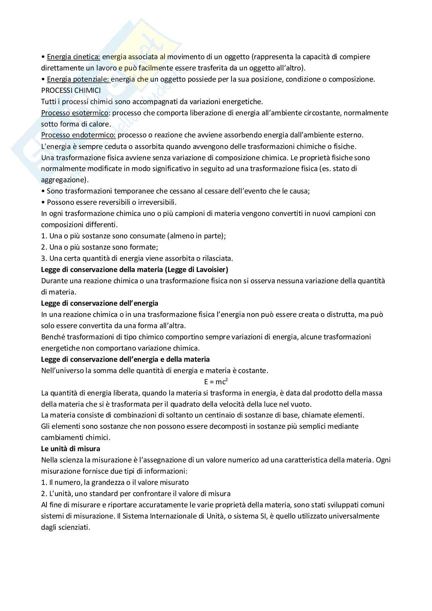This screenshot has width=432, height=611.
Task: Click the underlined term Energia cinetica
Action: click(x=73, y=57)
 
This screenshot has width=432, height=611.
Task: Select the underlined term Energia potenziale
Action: click(x=78, y=79)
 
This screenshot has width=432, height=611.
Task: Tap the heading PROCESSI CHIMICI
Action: click(x=71, y=91)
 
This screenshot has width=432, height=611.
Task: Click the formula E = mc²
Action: click(x=216, y=382)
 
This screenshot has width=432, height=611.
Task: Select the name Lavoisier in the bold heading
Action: click(x=211, y=270)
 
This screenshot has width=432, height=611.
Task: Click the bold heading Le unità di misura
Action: click(x=70, y=449)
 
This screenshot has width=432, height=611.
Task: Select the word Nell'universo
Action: click(x=62, y=371)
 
